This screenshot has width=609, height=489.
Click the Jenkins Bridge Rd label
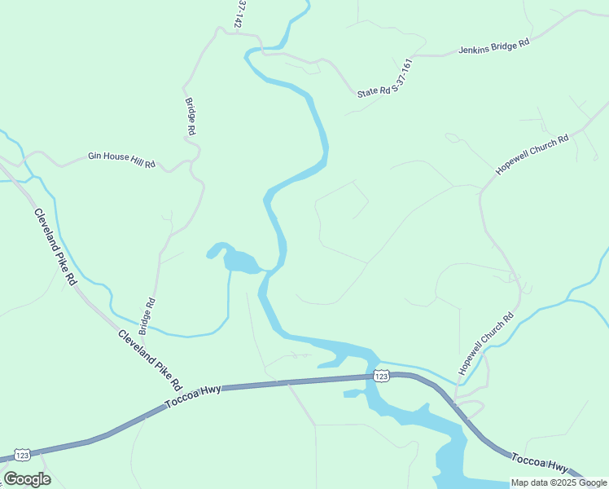[x=494, y=46]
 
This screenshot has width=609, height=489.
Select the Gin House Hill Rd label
[x=121, y=159]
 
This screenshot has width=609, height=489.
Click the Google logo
[x=27, y=478]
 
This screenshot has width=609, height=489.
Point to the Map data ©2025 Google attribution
[x=559, y=482]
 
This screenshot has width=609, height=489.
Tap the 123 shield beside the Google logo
[x=22, y=454]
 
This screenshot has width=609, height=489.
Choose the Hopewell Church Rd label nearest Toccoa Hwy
[x=486, y=342]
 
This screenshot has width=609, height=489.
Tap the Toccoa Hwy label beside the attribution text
[x=539, y=464]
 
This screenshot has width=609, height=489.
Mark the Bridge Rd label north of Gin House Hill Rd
[x=191, y=117]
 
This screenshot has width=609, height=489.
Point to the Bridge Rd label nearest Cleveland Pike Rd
[x=147, y=316]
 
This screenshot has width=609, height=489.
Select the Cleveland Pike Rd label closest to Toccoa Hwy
[x=150, y=359]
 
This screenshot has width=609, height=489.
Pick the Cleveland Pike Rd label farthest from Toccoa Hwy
[x=55, y=246]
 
